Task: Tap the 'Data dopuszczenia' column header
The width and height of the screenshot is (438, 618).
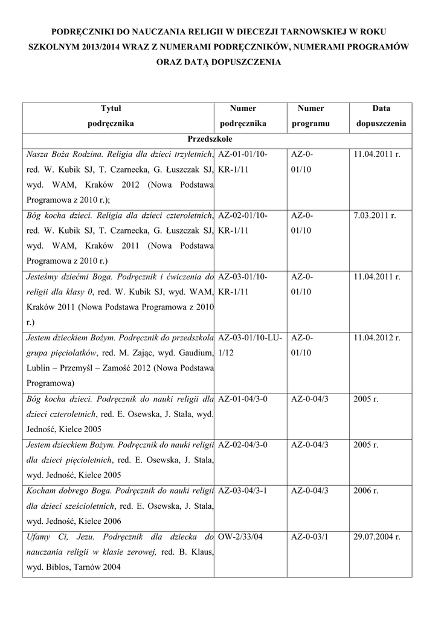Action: click(x=381, y=116)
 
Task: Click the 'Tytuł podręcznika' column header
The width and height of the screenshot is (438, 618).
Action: click(x=111, y=116)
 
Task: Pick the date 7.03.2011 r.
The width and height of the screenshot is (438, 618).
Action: click(x=376, y=216)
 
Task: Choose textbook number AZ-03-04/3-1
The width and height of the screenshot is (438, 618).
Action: click(x=242, y=490)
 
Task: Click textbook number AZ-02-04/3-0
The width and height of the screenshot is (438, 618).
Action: click(x=242, y=445)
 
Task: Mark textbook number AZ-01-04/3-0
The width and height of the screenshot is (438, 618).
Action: click(x=242, y=399)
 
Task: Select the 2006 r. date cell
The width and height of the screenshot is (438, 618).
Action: click(x=367, y=490)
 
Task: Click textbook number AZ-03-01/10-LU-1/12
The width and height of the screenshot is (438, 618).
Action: click(x=248, y=345)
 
